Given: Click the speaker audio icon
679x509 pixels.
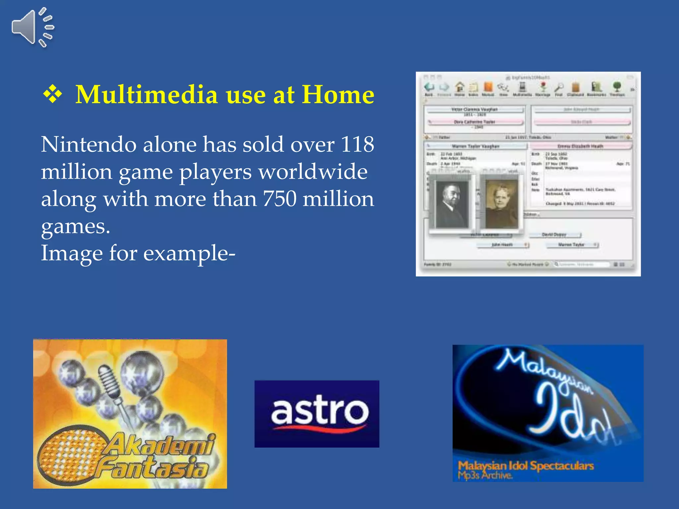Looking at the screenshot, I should (x=32, y=28).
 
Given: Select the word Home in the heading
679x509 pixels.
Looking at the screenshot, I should (x=338, y=95).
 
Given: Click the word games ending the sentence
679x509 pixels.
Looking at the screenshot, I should (x=75, y=227).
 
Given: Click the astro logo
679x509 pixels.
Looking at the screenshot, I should (x=317, y=414).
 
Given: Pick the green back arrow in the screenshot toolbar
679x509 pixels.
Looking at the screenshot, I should (x=429, y=87).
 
